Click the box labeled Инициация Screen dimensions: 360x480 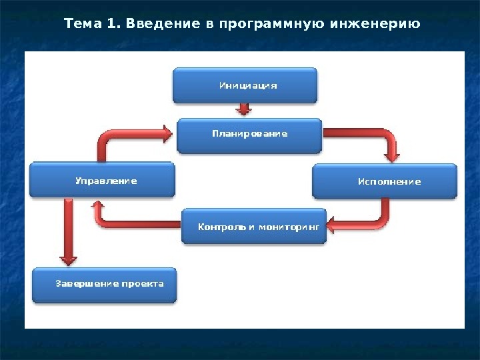tap(245, 85)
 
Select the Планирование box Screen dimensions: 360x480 tap(249, 135)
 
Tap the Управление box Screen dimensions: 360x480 tap(102, 181)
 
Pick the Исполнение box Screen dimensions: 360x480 tap(385, 181)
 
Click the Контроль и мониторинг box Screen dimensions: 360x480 tap(254, 227)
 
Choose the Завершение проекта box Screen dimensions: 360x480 tap(105, 284)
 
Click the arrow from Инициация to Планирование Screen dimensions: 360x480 tap(245, 109)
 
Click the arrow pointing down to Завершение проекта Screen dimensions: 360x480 tap(66, 233)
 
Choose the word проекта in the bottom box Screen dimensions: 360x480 tap(143, 283)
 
